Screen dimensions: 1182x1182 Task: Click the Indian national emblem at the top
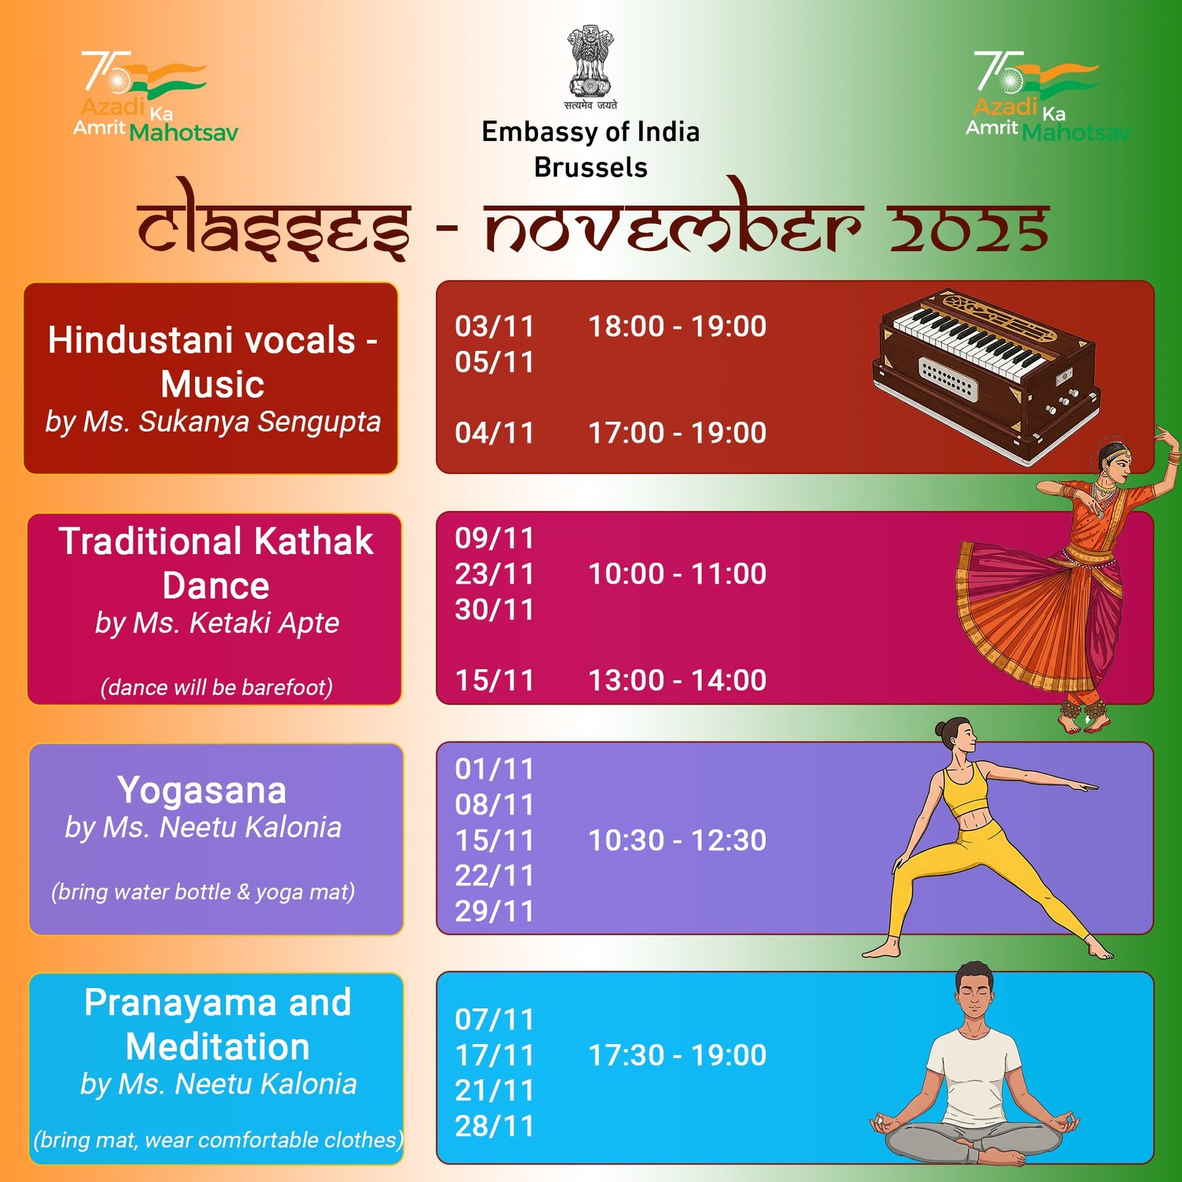pyautogui.click(x=591, y=68)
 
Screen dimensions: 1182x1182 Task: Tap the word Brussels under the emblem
pyautogui.click(x=591, y=168)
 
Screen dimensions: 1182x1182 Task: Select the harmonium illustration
pyautogui.click(x=987, y=376)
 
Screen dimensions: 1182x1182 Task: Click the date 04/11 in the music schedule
pyautogui.click(x=494, y=433)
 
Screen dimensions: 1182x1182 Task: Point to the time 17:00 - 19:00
pyautogui.click(x=677, y=433)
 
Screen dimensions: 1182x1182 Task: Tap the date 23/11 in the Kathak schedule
pyautogui.click(x=494, y=574)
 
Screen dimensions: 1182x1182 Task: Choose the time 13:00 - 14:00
pyautogui.click(x=677, y=680)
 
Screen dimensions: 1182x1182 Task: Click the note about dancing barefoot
pyautogui.click(x=216, y=688)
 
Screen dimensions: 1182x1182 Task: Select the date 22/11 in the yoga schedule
pyautogui.click(x=494, y=876)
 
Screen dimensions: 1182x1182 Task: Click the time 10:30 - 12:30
pyautogui.click(x=677, y=841)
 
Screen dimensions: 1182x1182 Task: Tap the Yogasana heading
pyautogui.click(x=202, y=790)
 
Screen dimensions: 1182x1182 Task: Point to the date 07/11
pyautogui.click(x=494, y=1020)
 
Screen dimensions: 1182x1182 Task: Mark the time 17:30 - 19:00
pyautogui.click(x=677, y=1056)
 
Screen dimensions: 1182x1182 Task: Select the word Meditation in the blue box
pyautogui.click(x=218, y=1048)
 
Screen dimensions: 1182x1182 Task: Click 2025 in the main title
pyautogui.click(x=969, y=228)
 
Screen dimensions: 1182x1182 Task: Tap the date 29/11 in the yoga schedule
pyautogui.click(x=494, y=912)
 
